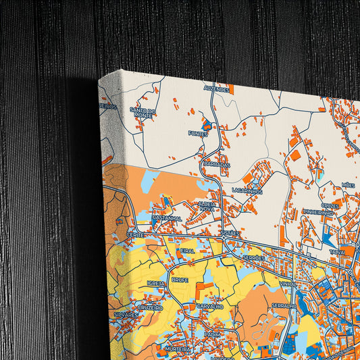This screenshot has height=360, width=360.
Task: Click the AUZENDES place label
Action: pyautogui.click(x=217, y=88)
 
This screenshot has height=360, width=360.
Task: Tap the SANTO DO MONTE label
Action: pyautogui.click(x=143, y=113)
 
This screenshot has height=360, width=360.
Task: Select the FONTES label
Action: pyautogui.click(x=199, y=134)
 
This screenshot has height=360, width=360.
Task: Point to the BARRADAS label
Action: pyautogui.click(x=217, y=164)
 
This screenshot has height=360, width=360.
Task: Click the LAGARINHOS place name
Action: pyautogui.click(x=247, y=191)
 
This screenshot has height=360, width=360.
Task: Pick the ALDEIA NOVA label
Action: pyautogui.click(x=207, y=206)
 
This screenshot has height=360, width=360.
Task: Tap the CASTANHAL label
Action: pyautogui.click(x=166, y=218)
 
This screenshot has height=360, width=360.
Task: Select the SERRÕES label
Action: pyautogui.click(x=254, y=258)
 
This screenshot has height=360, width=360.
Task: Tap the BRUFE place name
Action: pyautogui.click(x=180, y=278)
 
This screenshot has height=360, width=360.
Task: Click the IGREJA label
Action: pyautogui.click(x=156, y=284)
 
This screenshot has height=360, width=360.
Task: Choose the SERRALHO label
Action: pyautogui.click(x=284, y=306)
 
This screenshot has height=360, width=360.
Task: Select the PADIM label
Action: pyautogui.click(x=213, y=334)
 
